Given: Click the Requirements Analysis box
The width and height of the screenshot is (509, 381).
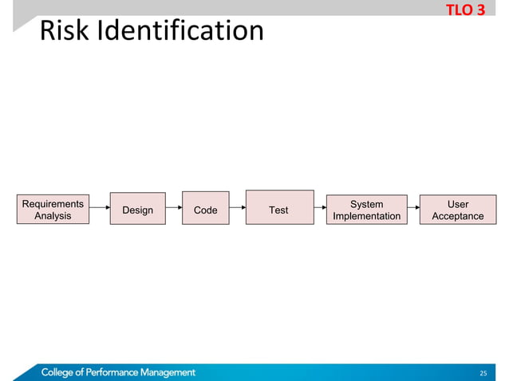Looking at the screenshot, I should (x=53, y=210).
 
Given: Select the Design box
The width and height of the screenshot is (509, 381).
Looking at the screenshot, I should (x=137, y=209).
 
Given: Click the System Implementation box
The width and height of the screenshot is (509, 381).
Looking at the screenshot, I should (x=367, y=210).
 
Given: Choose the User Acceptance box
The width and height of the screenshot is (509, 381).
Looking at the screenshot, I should (x=458, y=210).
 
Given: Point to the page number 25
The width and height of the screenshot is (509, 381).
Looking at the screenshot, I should (x=482, y=373).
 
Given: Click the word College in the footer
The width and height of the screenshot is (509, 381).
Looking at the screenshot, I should (x=61, y=372).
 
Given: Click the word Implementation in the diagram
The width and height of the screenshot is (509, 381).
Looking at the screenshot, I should (x=367, y=216).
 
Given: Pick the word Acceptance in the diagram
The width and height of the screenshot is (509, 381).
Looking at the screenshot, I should (x=458, y=216).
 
